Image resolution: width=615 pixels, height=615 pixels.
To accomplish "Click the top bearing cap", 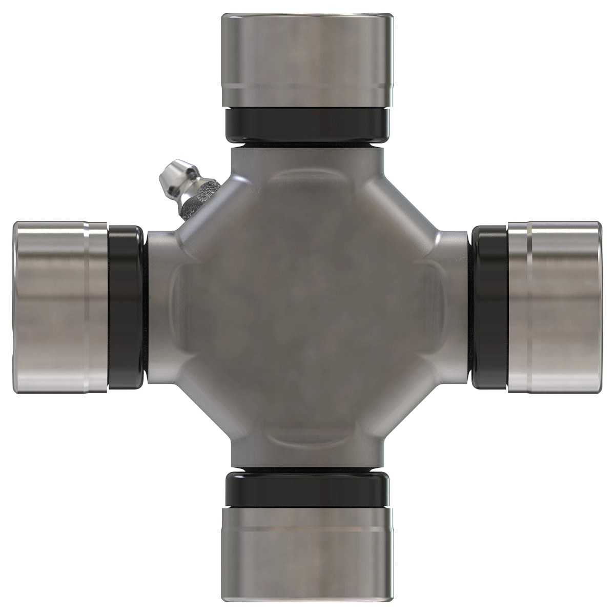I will point(307,59).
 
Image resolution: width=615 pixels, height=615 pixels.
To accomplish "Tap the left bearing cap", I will point(59,307).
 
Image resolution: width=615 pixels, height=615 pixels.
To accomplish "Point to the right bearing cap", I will point(556,307).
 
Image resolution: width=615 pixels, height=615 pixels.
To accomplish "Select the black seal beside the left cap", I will point(126,307).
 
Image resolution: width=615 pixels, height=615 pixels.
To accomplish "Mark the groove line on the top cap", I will point(307,85).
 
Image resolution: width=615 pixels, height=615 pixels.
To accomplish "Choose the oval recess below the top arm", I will point(306,182).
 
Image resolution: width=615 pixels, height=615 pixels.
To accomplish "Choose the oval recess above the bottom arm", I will point(306,433).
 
